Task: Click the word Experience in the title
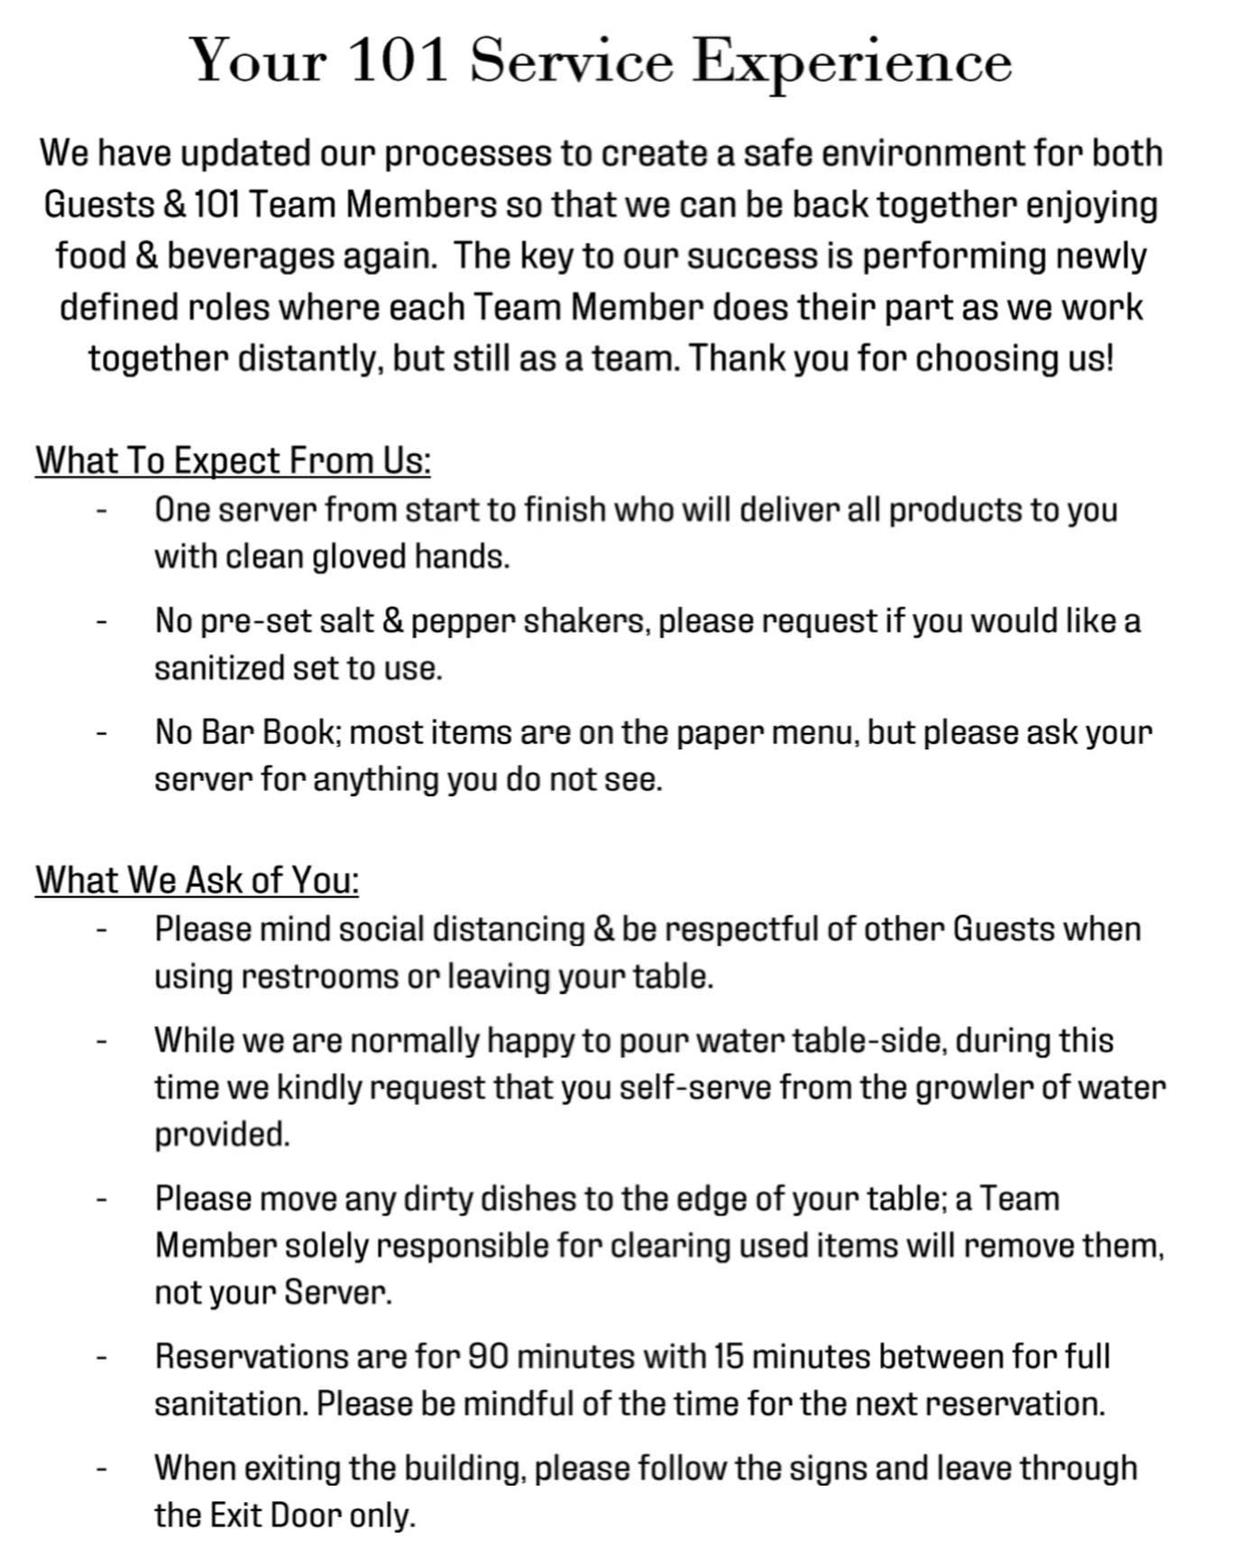851,61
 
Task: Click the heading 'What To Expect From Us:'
233,461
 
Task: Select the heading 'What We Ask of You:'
197,880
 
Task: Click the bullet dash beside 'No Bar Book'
103,732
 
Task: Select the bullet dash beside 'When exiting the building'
103,1469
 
